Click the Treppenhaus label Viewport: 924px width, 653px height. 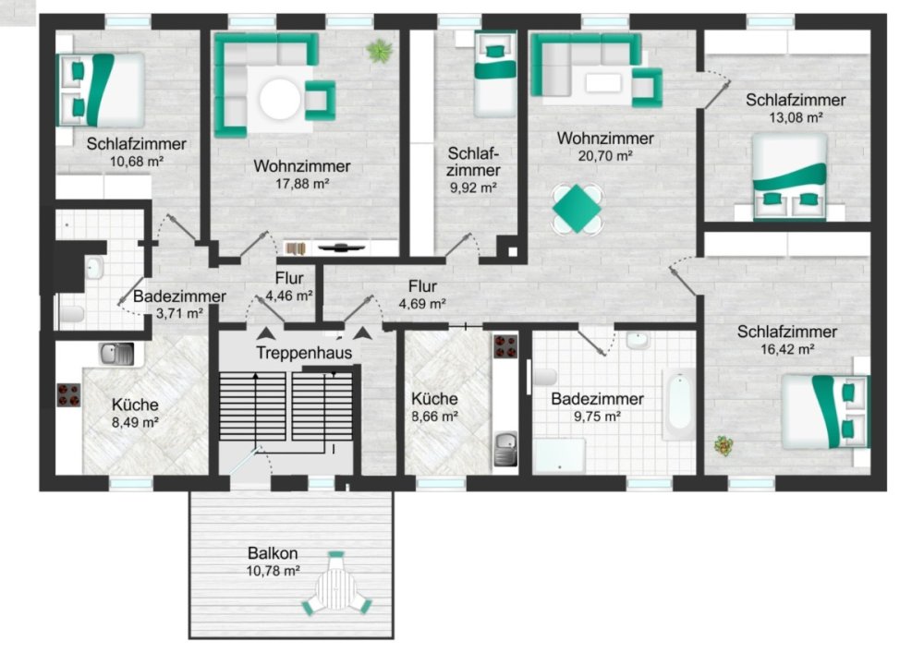pos(303,353)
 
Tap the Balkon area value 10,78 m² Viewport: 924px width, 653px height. pos(273,571)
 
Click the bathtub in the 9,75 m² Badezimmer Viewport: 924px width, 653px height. pos(679,404)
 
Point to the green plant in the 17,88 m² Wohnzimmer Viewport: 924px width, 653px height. pos(380,51)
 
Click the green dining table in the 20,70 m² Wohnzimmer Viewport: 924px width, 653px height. pos(577,208)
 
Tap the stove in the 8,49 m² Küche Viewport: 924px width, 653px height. pos(68,394)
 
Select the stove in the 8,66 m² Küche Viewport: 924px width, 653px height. pos(505,346)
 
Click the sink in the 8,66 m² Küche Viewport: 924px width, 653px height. pos(505,449)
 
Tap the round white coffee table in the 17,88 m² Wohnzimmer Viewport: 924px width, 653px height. pos(280,100)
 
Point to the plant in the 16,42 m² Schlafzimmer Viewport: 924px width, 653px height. pos(723,445)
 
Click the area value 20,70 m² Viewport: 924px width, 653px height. pos(605,156)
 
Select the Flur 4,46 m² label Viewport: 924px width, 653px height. pos(288,286)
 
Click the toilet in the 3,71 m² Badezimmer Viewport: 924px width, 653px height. pos(72,313)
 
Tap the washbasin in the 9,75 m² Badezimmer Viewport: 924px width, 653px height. pos(638,340)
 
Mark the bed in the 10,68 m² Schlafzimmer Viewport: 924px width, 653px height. pos(100,91)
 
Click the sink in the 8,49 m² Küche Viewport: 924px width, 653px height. pos(116,354)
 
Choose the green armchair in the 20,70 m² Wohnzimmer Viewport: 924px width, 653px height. pos(647,87)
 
